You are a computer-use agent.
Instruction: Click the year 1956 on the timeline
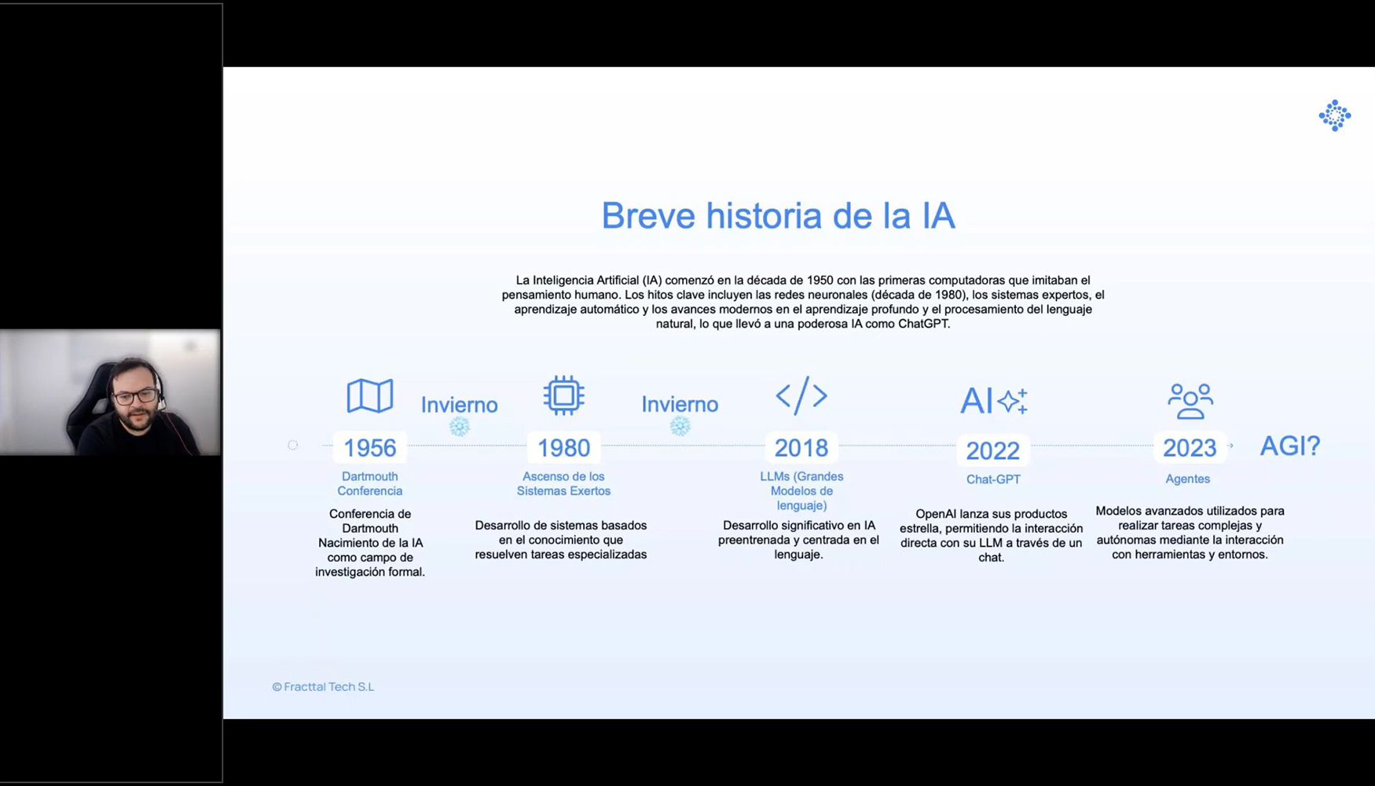[369, 447]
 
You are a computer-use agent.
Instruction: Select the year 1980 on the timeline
[563, 447]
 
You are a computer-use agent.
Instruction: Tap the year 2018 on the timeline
[801, 447]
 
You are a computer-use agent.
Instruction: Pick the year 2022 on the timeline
[992, 450]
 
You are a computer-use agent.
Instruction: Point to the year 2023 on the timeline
[1189, 447]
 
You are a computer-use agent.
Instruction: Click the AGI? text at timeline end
[1289, 446]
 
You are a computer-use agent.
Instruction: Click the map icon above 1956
[369, 395]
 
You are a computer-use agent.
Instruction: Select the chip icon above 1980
[563, 395]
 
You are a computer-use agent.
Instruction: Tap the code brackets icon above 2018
[801, 395]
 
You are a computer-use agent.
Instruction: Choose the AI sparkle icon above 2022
[993, 400]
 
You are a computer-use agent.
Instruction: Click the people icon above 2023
[1190, 401]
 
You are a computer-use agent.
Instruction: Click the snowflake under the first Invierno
[460, 427]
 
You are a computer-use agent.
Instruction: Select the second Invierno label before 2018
[680, 404]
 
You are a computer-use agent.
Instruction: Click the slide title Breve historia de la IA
[778, 215]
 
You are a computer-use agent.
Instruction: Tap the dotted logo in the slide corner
[1334, 116]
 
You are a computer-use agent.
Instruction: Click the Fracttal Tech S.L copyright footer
[323, 686]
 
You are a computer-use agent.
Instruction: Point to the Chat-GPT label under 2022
[993, 479]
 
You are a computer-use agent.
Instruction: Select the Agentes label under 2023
[1187, 479]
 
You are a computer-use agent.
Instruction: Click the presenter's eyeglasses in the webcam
[135, 396]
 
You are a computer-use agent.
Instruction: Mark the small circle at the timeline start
[293, 445]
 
